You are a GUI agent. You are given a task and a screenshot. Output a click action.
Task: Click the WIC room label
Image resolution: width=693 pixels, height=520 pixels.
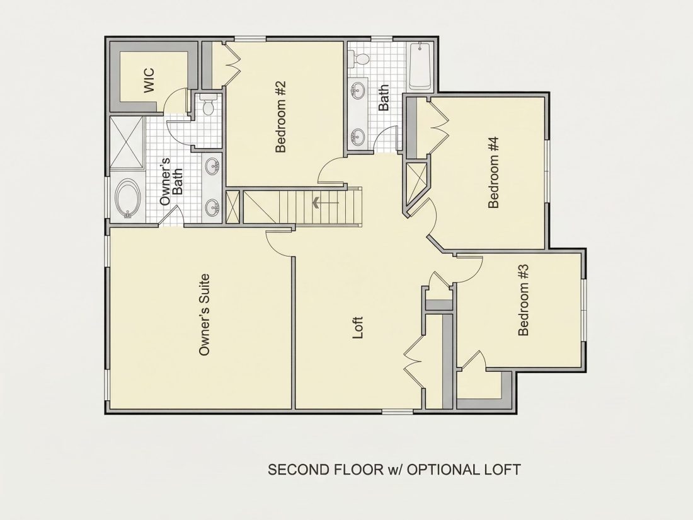pyautogui.click(x=149, y=80)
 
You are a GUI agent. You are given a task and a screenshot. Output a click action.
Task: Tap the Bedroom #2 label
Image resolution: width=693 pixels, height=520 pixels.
pyautogui.click(x=280, y=117)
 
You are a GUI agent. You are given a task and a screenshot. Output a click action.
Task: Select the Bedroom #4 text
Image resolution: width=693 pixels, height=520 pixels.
pyautogui.click(x=493, y=173)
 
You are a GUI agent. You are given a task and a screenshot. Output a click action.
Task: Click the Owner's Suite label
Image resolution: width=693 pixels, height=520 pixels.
pyautogui.click(x=203, y=315)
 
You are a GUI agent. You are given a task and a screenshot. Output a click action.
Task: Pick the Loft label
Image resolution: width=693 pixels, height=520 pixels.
pyautogui.click(x=358, y=328)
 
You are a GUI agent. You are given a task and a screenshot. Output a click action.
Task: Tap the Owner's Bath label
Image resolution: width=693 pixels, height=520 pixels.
pyautogui.click(x=171, y=181)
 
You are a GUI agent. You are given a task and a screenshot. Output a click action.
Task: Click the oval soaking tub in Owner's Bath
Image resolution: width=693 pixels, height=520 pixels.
pyautogui.click(x=128, y=198)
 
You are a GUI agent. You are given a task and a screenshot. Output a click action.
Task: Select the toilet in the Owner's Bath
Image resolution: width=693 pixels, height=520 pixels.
pyautogui.click(x=207, y=105)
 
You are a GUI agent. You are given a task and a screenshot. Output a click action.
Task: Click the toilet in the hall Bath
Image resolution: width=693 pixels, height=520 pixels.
pyautogui.click(x=360, y=58)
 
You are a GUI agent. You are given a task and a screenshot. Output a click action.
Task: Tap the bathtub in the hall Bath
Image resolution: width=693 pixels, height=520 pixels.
pyautogui.click(x=420, y=66)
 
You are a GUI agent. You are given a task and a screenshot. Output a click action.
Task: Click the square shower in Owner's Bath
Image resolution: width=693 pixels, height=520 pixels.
pyautogui.click(x=127, y=142)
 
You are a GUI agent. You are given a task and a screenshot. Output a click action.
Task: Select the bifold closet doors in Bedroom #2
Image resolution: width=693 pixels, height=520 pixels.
pyautogui.click(x=232, y=65)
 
